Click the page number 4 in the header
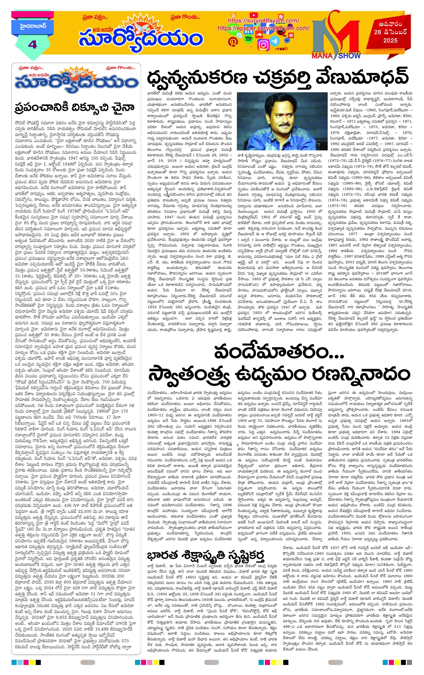[32, 44]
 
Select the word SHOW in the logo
[349, 56]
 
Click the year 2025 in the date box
[390, 41]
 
